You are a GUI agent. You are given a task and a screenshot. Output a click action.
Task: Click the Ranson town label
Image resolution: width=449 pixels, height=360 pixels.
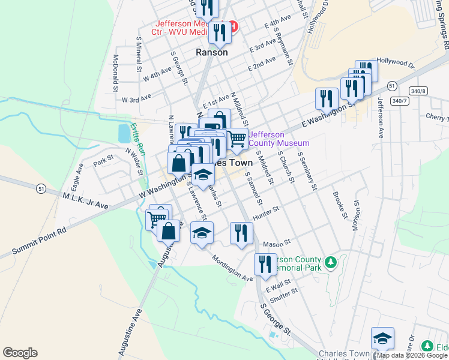click(x=212, y=52)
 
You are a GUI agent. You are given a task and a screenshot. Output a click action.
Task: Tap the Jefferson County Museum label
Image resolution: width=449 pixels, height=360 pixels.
click(x=279, y=139)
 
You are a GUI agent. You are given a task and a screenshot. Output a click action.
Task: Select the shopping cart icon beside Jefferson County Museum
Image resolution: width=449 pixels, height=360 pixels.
click(x=238, y=139)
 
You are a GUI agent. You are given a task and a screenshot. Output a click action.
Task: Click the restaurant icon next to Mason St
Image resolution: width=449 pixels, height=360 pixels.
click(x=241, y=233)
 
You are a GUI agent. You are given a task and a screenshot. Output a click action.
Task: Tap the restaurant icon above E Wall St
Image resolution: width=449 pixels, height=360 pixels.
click(x=265, y=264)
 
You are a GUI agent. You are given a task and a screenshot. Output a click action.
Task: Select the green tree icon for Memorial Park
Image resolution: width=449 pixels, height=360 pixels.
click(x=330, y=262)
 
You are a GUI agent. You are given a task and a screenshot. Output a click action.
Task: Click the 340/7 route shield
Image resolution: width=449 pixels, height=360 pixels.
click(x=399, y=101)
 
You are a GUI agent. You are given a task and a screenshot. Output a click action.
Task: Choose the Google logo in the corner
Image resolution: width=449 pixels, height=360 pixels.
click(x=20, y=353)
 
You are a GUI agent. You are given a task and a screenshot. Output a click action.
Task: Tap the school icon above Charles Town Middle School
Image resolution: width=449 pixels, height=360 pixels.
click(x=382, y=339)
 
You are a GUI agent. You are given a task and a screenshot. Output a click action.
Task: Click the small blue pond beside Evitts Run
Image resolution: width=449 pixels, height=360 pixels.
click(x=124, y=133)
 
